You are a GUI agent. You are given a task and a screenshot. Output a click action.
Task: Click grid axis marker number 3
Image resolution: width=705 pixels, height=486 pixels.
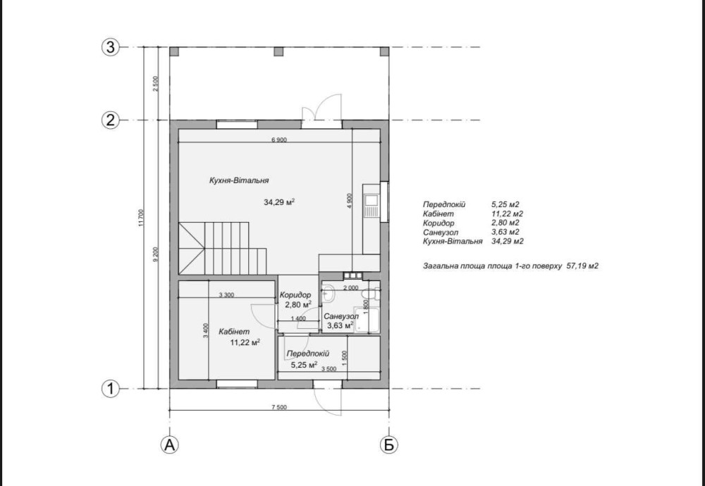pyautogui.click(x=111, y=47)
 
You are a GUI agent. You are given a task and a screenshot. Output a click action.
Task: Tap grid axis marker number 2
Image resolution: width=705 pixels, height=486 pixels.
pyautogui.click(x=111, y=120)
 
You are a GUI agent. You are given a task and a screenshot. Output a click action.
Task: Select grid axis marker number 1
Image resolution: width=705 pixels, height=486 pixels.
pyautogui.click(x=111, y=389)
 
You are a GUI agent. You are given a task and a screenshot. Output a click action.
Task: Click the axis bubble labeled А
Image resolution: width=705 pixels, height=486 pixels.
pyautogui.click(x=169, y=444)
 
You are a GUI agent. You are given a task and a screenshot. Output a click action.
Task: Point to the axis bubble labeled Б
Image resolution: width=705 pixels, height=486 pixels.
pyautogui.click(x=389, y=444)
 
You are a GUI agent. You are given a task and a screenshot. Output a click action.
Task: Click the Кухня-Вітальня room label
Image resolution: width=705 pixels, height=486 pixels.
pyautogui.click(x=239, y=180)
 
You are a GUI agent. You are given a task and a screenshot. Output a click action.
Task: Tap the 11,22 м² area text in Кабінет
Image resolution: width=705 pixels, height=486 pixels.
pyautogui.click(x=245, y=342)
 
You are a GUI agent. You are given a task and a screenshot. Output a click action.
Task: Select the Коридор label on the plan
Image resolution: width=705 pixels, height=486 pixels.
pyautogui.click(x=295, y=295)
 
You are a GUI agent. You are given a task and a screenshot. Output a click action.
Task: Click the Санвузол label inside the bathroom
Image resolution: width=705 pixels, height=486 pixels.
pyautogui.click(x=341, y=316)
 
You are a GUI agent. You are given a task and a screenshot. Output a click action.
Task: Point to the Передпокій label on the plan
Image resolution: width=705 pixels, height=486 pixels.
pyautogui.click(x=308, y=354)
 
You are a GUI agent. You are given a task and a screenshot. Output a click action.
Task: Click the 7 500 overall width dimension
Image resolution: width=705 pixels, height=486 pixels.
pyautogui.click(x=278, y=407)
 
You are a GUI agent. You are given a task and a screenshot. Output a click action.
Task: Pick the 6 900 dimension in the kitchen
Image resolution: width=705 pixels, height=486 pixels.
pyautogui.click(x=278, y=139)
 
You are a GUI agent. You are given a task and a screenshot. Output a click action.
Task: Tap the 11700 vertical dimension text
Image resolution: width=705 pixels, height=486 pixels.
pyautogui.click(x=141, y=218)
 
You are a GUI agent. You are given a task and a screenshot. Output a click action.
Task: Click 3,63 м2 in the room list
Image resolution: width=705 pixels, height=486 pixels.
pyautogui.click(x=505, y=232)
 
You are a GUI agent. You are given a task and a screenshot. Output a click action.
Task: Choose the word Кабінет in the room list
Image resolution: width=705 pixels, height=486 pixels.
pyautogui.click(x=439, y=214)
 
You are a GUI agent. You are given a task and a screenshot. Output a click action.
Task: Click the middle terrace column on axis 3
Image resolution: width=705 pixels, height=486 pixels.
pyautogui.click(x=278, y=51)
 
